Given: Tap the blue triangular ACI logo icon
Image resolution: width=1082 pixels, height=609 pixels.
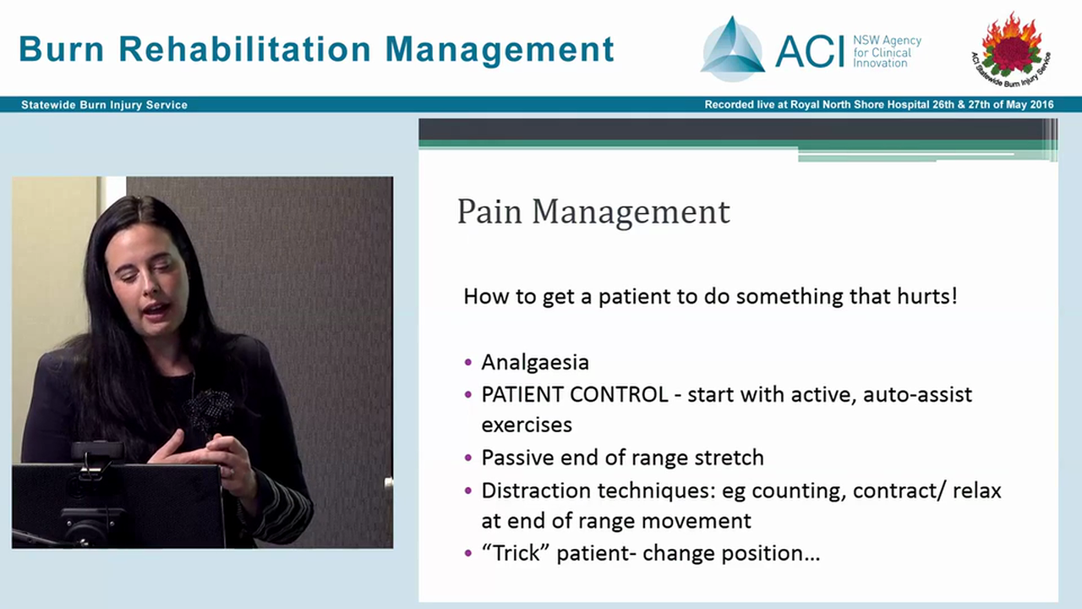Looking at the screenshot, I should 732,51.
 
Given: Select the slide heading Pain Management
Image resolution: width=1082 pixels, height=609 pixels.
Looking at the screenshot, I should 593,211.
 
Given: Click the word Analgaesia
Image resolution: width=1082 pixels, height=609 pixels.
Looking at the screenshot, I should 534,362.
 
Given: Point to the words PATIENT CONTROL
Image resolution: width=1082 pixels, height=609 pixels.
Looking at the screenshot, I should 574,395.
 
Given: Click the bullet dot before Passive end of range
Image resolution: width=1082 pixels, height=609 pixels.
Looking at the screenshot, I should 469,458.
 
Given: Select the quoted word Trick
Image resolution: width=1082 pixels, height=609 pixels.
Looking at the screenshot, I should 512,553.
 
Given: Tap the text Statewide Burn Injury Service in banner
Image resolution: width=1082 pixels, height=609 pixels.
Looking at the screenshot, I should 104,105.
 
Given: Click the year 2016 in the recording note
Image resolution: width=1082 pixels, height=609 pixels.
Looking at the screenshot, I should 1040,105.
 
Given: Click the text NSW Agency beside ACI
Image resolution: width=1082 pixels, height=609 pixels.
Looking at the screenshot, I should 886,41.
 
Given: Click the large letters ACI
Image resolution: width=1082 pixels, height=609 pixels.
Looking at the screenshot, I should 809,52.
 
